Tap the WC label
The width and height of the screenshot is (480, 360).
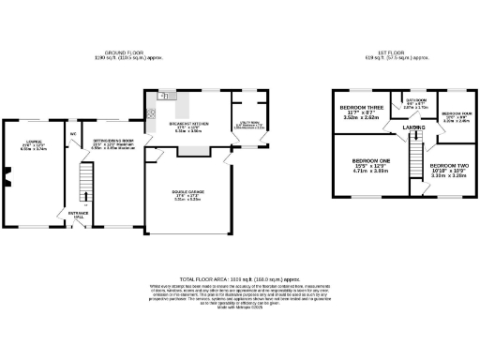(72, 133)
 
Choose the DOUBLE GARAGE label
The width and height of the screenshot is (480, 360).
(186, 195)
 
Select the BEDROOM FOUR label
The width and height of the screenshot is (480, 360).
(456, 115)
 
